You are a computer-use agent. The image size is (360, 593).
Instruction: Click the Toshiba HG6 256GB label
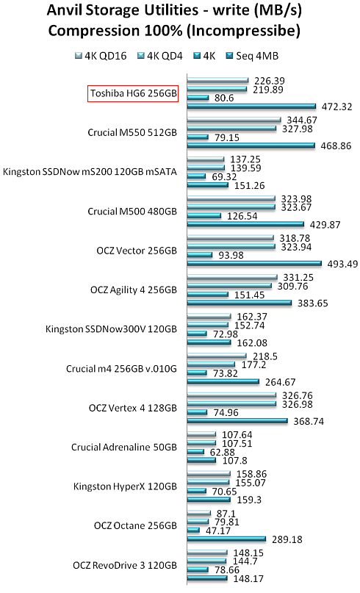point(134,93)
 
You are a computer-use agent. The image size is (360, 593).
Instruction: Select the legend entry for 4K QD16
point(101,56)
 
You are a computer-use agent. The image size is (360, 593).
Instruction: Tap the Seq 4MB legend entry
point(252,56)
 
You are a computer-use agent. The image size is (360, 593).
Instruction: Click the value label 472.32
point(337,107)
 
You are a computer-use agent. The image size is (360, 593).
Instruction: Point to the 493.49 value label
point(342,264)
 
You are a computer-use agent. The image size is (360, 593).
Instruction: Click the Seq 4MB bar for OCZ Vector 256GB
point(254,264)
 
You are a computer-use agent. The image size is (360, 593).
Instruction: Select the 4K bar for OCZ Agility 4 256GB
point(208,294)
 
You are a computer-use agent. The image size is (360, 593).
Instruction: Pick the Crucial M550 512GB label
point(132,133)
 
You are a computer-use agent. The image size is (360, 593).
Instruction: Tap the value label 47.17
point(218,531)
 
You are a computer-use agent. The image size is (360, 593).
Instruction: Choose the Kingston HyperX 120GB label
point(125,486)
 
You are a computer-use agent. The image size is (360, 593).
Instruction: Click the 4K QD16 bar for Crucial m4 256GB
point(217,356)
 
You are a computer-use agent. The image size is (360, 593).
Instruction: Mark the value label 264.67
point(281,382)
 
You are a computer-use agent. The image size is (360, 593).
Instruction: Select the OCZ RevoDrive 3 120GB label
point(125,565)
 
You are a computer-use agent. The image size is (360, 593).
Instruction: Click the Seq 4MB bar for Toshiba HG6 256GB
point(251,107)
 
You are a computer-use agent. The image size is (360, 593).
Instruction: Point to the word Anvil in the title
point(65,10)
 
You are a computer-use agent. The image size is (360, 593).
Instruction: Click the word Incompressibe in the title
point(245,31)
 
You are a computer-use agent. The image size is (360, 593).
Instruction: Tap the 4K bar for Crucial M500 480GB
point(204,215)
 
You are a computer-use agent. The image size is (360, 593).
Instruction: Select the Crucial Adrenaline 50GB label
point(124,448)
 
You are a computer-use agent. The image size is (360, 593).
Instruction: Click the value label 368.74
point(309,421)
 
